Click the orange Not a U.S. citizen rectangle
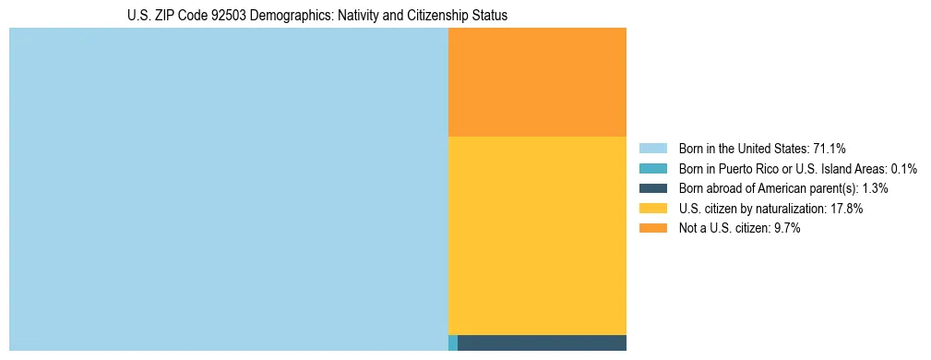click(537, 82)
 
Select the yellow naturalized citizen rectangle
click(537, 235)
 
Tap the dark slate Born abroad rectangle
click(542, 342)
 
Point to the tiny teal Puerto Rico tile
click(453, 342)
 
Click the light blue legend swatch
click(652, 149)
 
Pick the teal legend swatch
click(652, 169)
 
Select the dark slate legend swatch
click(652, 188)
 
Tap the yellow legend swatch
click(652, 209)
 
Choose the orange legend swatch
click(652, 228)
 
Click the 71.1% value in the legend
click(830, 149)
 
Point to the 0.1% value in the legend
click(903, 169)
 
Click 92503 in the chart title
click(228, 16)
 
